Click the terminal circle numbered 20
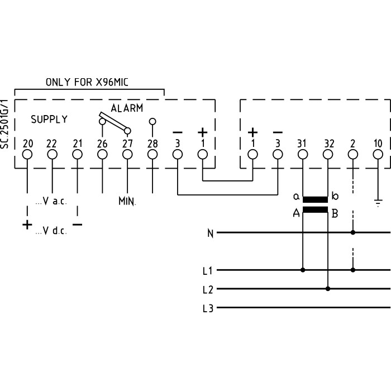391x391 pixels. click(27, 154)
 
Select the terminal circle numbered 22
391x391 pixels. click(52, 154)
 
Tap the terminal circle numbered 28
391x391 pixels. click(152, 154)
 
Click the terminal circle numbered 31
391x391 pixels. click(302, 154)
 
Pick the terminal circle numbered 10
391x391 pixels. click(378, 154)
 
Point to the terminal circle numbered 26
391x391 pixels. click(102, 154)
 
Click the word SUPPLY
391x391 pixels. click(49, 119)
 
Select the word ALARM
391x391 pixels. click(126, 108)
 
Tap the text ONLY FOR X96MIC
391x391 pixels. click(87, 82)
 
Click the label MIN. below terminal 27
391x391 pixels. click(127, 200)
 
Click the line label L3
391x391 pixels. click(208, 308)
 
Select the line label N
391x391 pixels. click(210, 233)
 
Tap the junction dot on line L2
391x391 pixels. click(328, 289)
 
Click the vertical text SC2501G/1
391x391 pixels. click(5, 124)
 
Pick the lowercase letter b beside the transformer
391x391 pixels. click(335, 196)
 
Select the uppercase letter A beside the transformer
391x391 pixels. click(297, 212)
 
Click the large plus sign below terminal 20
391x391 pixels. click(26, 225)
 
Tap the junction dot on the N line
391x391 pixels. click(352, 232)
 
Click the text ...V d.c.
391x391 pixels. click(51, 231)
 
